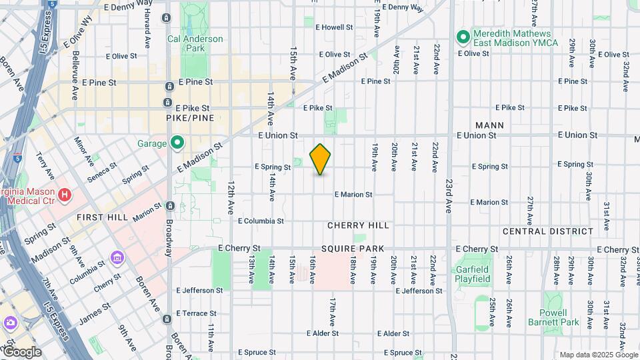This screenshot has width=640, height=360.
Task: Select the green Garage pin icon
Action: pyautogui.click(x=177, y=142)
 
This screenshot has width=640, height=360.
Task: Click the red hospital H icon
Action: pyautogui.click(x=65, y=195)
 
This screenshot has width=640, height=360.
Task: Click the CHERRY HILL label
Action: pyautogui.click(x=358, y=225)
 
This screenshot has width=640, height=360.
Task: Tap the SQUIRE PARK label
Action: pyautogui.click(x=353, y=249)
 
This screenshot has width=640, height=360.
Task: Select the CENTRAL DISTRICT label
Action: pyautogui.click(x=547, y=231)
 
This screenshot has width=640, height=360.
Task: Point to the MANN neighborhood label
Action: pyautogui.click(x=489, y=125)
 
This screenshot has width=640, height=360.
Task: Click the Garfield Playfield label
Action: pyautogui.click(x=473, y=274)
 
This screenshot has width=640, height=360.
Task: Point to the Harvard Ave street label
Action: pyautogui.click(x=147, y=32)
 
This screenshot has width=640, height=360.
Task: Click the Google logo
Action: pyautogui.click(x=22, y=352)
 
